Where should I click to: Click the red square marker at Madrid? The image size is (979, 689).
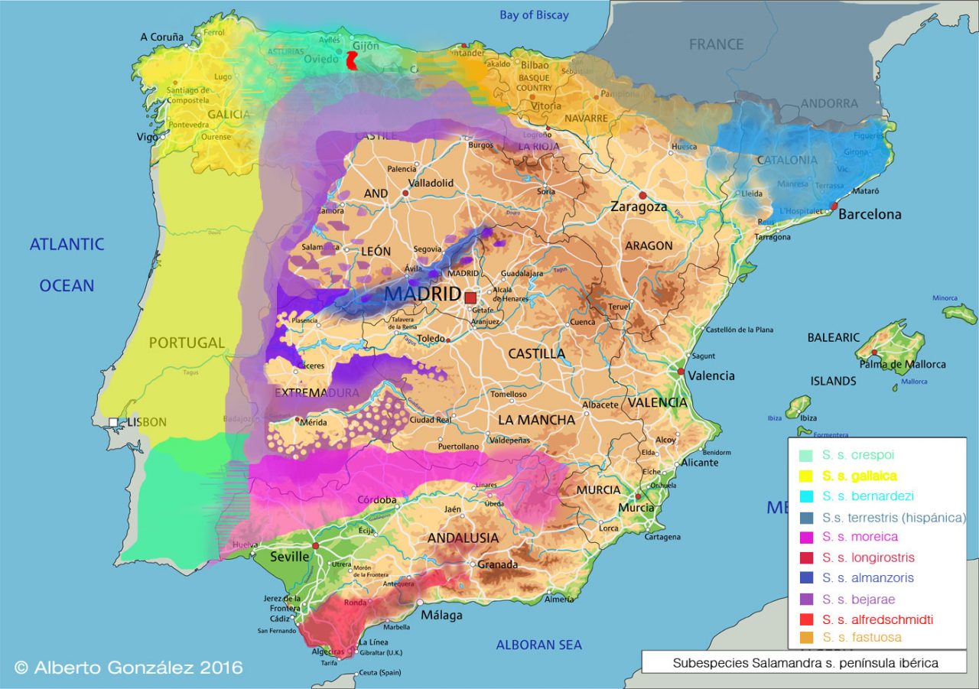tap(470, 297)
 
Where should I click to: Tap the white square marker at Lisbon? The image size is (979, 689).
tap(113, 422)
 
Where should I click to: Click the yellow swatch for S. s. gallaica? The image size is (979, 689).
tap(805, 476)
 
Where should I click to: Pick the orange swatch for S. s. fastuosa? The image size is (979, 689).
tap(805, 637)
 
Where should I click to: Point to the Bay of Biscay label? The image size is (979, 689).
tap(534, 15)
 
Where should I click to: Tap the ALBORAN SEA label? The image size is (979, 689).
tap(538, 645)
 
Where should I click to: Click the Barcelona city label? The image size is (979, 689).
tap(870, 214)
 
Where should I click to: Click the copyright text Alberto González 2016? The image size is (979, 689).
tap(128, 668)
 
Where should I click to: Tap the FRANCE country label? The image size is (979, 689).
tap(716, 44)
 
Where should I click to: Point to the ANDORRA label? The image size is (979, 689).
tap(829, 103)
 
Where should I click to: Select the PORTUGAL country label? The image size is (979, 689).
tap(187, 343)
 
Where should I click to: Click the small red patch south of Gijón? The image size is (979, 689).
tap(353, 61)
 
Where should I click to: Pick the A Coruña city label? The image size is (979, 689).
tap(162, 37)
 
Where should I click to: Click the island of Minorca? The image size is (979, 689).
tap(959, 312)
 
